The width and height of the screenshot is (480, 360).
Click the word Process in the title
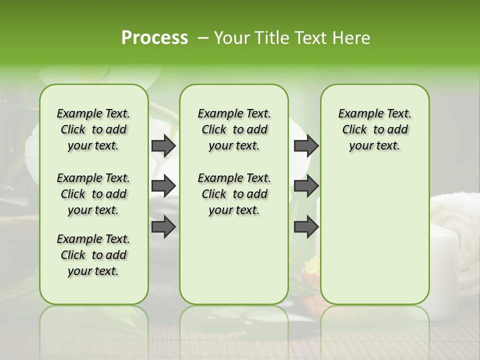click(x=154, y=38)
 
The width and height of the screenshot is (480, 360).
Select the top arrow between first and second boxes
click(x=163, y=145)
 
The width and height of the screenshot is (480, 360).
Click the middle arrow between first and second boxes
click(x=163, y=186)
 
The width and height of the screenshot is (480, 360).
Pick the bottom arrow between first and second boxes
click(x=163, y=226)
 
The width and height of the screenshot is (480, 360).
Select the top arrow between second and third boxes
click(x=306, y=145)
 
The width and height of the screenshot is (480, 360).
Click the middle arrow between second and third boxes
click(x=306, y=186)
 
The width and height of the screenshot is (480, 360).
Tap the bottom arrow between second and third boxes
click(x=306, y=226)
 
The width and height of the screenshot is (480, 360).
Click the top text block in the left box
click(x=93, y=129)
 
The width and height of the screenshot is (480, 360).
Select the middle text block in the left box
click(x=93, y=194)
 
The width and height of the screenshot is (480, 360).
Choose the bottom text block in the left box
click(x=93, y=255)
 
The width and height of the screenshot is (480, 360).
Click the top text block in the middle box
click(x=234, y=129)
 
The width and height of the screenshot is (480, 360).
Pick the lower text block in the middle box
click(x=234, y=194)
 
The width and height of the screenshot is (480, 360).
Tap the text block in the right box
click(x=374, y=129)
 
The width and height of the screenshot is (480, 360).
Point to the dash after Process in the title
click(x=203, y=38)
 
